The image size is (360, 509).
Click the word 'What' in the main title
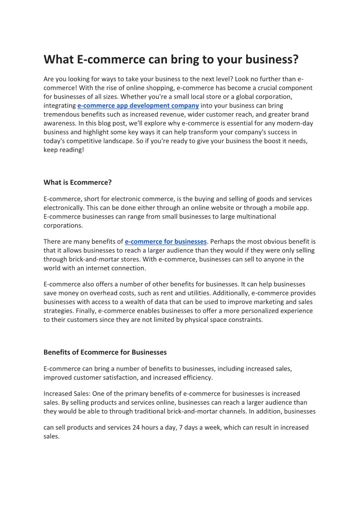(58, 60)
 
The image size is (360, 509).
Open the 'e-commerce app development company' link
(138, 106)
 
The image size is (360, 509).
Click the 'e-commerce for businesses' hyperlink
(165, 242)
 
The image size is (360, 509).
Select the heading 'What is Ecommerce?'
(78, 183)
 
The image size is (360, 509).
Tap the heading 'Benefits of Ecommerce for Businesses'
(105, 352)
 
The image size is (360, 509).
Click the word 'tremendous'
(61, 114)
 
